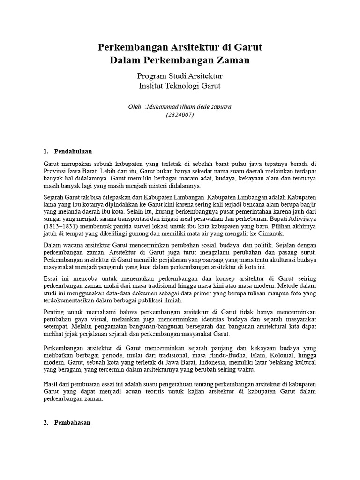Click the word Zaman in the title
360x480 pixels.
pos(230,60)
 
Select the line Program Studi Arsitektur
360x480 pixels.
pos(180,76)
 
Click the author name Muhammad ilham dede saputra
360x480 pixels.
pos(189,106)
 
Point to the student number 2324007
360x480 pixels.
pos(180,115)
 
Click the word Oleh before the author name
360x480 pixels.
pos(135,106)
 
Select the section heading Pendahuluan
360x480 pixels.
pos(73,151)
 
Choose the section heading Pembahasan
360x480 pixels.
pos(73,422)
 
